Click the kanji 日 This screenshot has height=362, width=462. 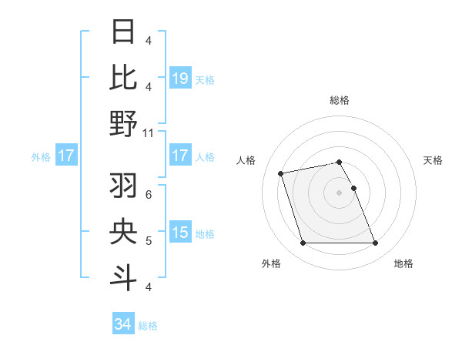point(124,32)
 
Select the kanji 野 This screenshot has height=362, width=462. point(124,123)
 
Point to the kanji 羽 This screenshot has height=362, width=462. point(124,186)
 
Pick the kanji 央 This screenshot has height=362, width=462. point(124,232)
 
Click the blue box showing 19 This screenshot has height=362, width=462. point(180,78)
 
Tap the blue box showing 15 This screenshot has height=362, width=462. point(180,233)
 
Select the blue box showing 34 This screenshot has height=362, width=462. point(123,324)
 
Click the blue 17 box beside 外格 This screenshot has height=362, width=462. point(65,156)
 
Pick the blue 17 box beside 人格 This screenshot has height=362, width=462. point(180,156)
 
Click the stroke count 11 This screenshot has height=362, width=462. point(149,132)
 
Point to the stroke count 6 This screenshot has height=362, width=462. point(149,194)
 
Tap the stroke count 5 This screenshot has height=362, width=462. point(149,241)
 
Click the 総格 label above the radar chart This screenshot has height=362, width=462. point(339,100)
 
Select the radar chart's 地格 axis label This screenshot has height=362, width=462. point(403,263)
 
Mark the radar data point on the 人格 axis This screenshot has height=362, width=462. point(281,173)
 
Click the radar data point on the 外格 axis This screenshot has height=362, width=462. point(303,243)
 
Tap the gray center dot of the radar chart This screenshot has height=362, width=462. point(339,193)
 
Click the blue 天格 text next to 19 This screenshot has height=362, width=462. point(205,79)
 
